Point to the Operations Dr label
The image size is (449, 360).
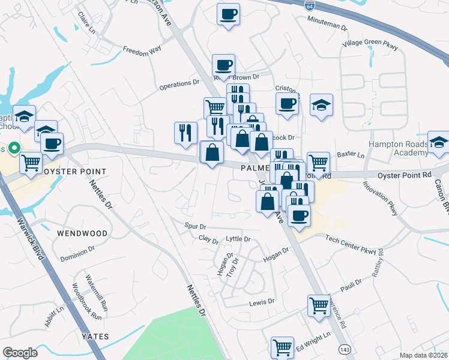pyautogui.click(x=179, y=85)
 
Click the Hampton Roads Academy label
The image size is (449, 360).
pyautogui.click(x=398, y=148)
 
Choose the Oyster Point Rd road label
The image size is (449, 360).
pyautogui.click(x=405, y=175)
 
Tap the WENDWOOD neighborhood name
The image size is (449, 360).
pyautogui.click(x=82, y=233)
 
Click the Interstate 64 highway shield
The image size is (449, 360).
pyautogui.click(x=309, y=5)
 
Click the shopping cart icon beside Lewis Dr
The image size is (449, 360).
pyautogui.click(x=318, y=304)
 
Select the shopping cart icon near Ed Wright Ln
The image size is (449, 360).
pyautogui.click(x=282, y=346)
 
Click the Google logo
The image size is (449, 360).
pyautogui.click(x=20, y=353)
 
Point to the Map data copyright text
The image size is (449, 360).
pyautogui.click(x=423, y=355)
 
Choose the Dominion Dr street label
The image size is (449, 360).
pyautogui.click(x=78, y=251)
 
